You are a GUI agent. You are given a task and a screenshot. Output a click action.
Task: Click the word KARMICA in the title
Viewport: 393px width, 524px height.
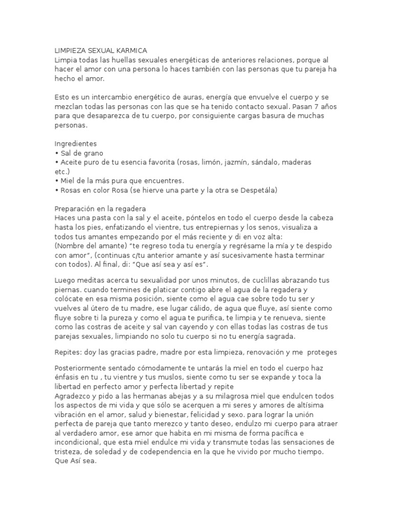tap(130, 51)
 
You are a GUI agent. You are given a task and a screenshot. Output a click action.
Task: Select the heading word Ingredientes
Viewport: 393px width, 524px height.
tap(75, 144)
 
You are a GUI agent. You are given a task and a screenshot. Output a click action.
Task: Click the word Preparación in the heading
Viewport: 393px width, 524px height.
tap(77, 209)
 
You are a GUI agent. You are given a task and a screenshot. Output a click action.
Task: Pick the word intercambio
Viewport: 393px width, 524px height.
tap(110, 98)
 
